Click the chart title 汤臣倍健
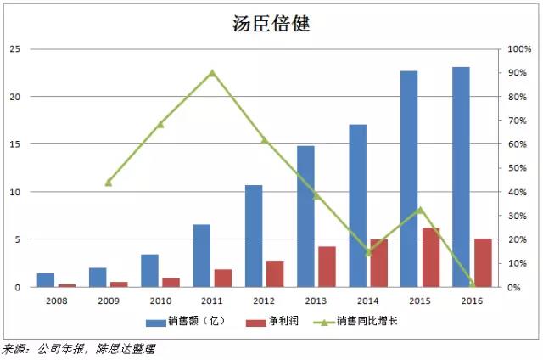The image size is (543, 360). coord(271,23)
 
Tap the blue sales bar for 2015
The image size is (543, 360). coord(409,178)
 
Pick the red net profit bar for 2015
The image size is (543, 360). coord(431,257)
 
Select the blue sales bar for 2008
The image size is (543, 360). coord(46,280)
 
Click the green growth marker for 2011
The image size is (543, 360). coord(212,73)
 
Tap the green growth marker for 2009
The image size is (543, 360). coord(109,183)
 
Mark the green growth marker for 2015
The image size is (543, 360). coord(420,210)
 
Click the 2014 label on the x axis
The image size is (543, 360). coord(367,301)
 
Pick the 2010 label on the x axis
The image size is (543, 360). coord(160,301)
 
